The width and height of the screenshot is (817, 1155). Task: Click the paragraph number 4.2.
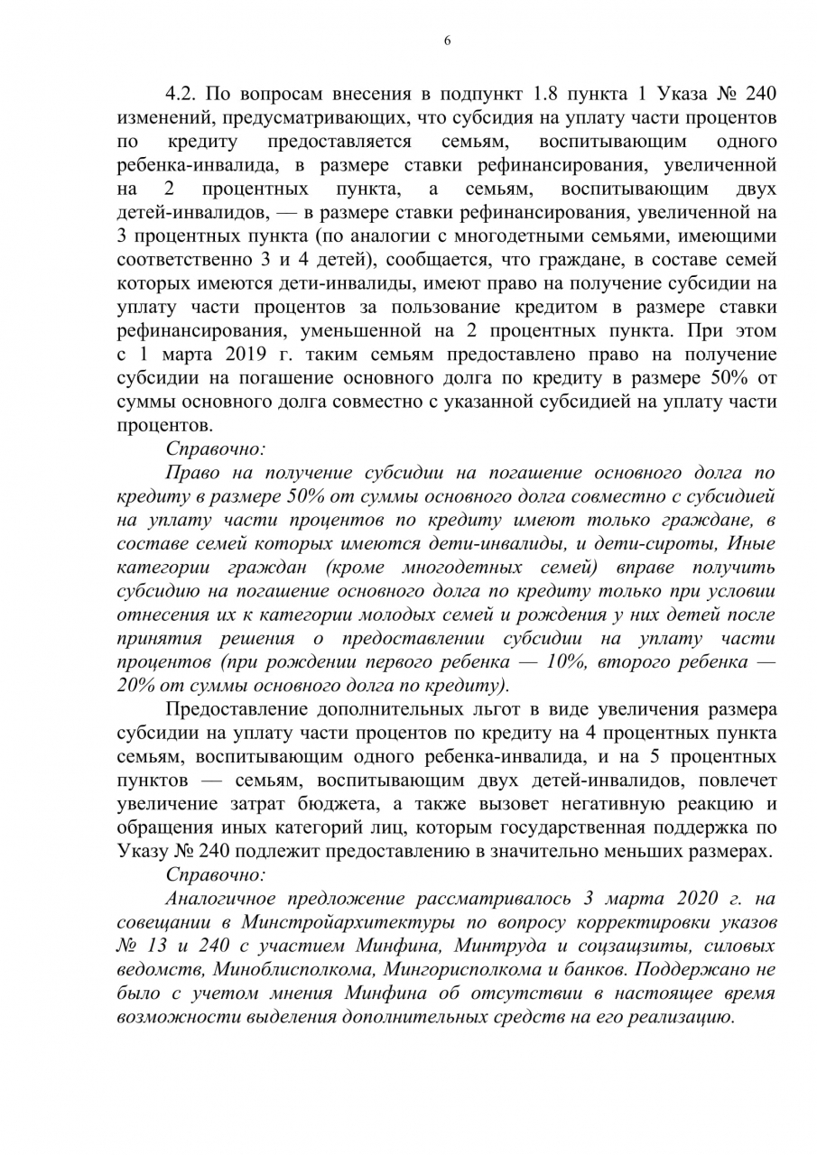click(184, 96)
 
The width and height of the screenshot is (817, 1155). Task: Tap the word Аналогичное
click(222, 899)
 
